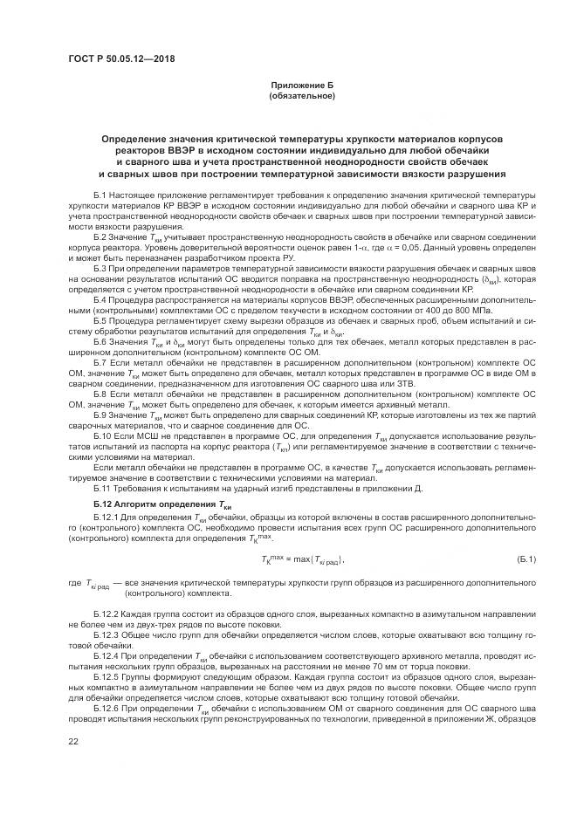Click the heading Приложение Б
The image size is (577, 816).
[301, 86]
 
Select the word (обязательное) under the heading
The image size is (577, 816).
[301, 95]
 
